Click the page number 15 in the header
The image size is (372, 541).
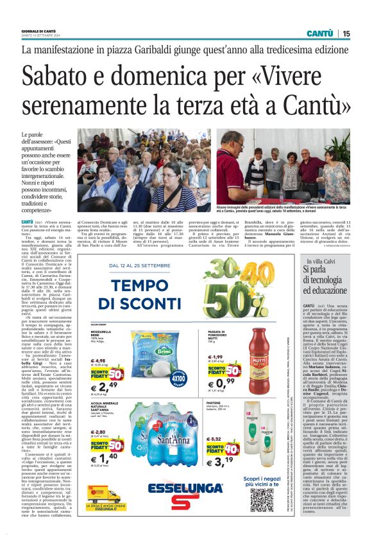(x=346, y=33)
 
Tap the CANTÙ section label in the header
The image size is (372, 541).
(x=319, y=33)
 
